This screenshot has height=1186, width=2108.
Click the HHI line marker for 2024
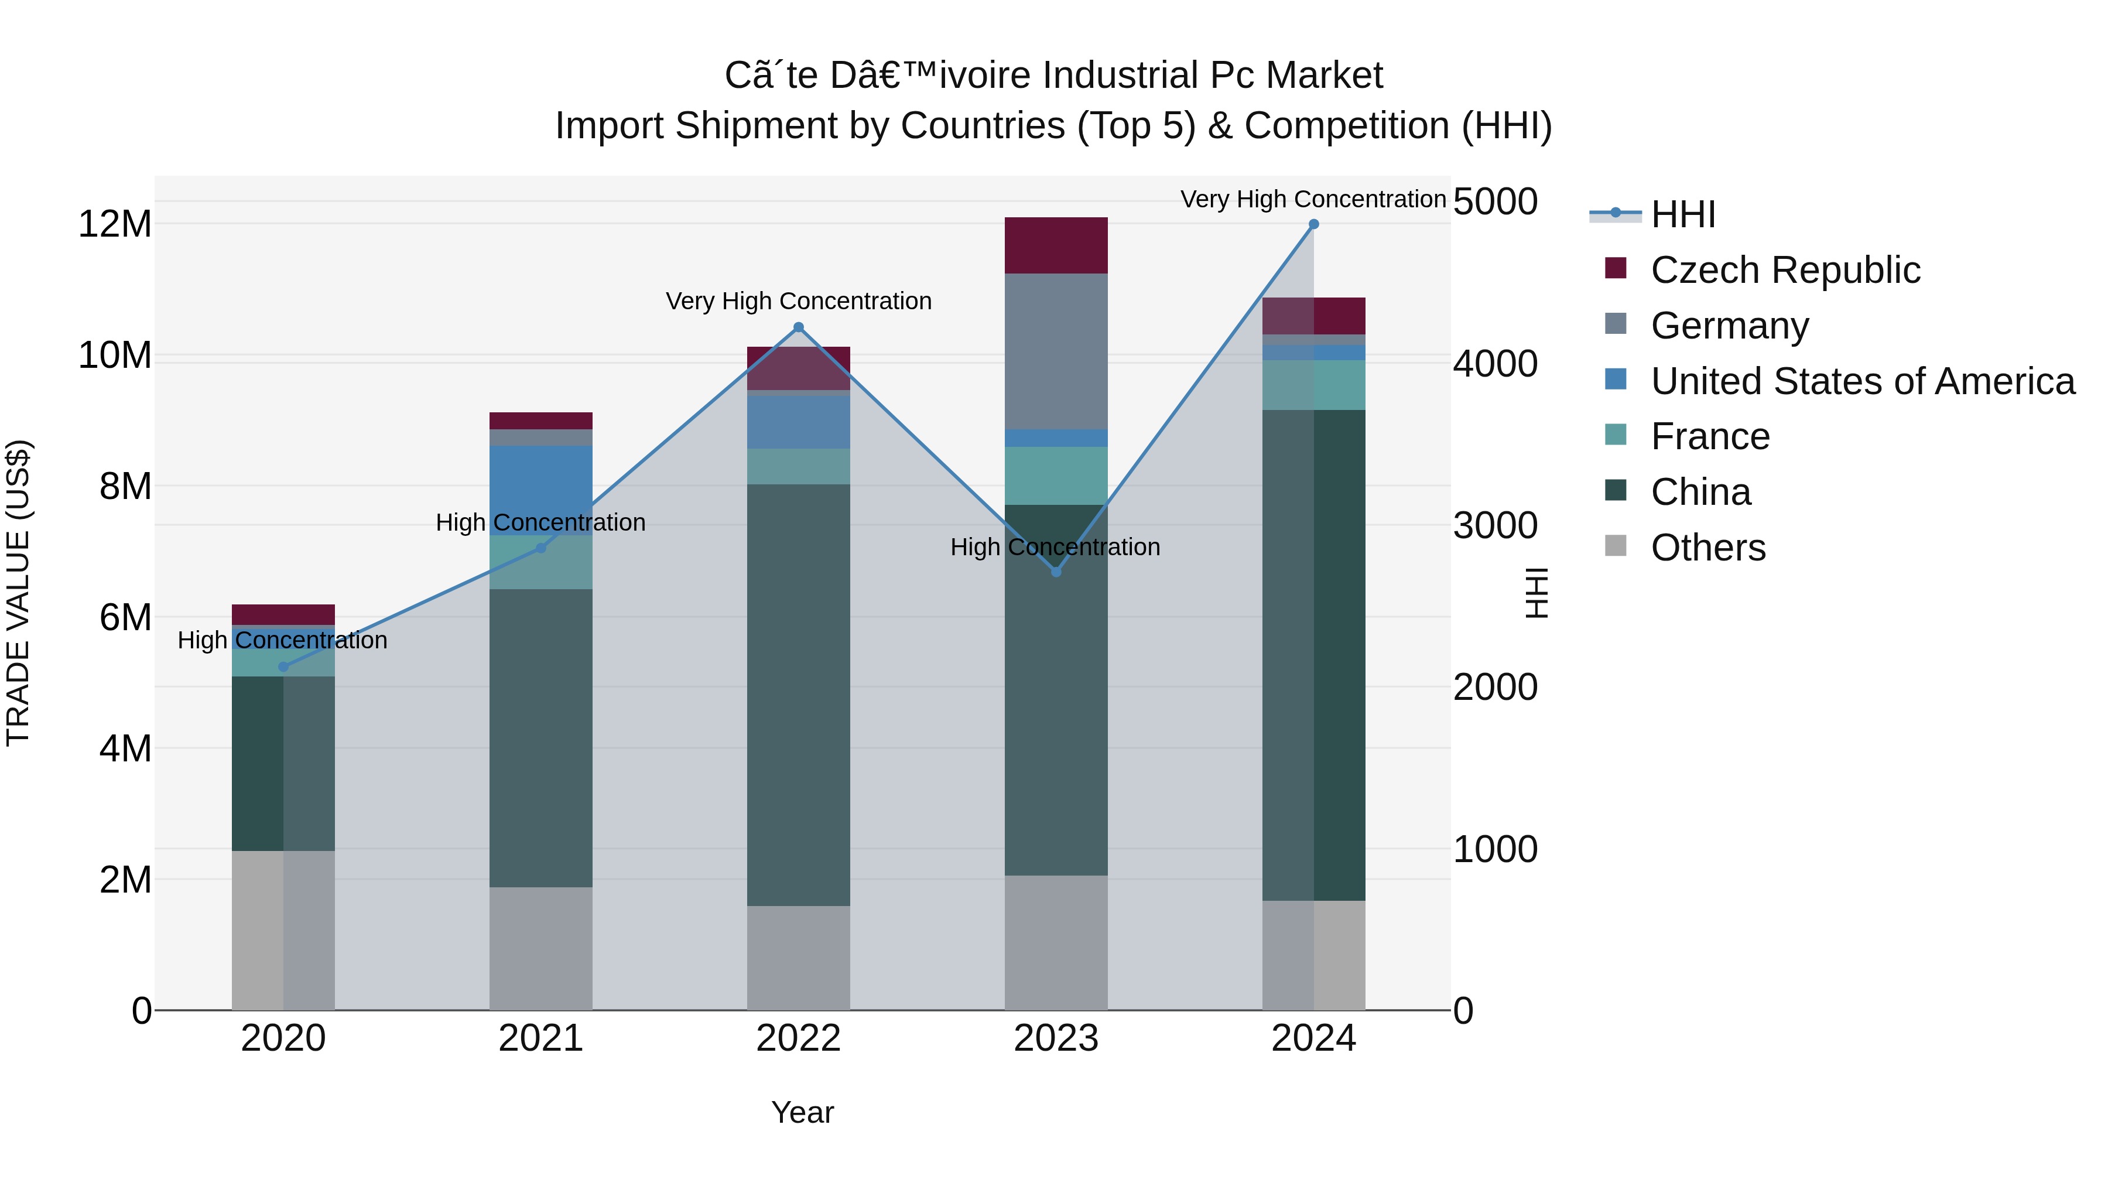point(1313,224)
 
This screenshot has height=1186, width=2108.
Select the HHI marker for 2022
point(799,327)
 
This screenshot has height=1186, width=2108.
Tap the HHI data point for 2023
point(1056,571)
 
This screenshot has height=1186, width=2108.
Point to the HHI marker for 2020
point(283,667)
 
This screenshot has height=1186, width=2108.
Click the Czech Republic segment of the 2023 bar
point(1056,245)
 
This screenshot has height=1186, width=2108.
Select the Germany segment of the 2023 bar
point(1056,351)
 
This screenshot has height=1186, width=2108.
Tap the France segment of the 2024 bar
point(1313,385)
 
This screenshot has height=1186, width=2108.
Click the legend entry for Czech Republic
point(1785,270)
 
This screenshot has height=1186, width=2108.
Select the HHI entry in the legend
point(1682,214)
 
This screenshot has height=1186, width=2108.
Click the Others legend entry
point(1708,548)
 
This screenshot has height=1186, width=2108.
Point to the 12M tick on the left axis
point(115,224)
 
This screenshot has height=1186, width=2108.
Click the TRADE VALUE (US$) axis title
point(19,593)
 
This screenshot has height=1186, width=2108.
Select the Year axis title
point(802,1112)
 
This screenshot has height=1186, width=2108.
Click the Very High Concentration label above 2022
point(799,301)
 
